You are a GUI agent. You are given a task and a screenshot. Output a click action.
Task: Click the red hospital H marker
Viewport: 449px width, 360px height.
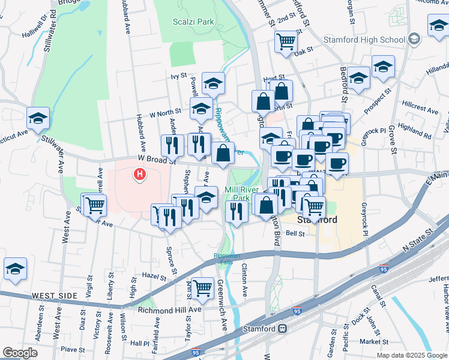(140, 175)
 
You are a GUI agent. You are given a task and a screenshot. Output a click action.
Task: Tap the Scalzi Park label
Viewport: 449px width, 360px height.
(193, 22)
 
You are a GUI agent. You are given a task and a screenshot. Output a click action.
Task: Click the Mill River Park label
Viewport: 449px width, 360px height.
(237, 194)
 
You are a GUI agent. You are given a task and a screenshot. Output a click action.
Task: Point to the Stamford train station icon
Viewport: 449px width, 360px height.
(282, 329)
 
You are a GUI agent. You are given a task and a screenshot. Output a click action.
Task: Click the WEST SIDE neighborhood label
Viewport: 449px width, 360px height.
(55, 296)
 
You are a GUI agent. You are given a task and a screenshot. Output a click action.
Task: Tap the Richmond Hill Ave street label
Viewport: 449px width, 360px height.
(170, 310)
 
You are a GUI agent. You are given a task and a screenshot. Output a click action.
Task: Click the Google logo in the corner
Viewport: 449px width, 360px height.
(20, 353)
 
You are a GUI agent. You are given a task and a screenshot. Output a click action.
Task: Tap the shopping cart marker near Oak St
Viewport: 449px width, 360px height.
(286, 41)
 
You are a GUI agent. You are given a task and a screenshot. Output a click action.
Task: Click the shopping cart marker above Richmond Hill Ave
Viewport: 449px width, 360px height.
(203, 288)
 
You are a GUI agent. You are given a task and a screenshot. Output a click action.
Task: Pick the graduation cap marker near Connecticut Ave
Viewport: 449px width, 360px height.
(38, 118)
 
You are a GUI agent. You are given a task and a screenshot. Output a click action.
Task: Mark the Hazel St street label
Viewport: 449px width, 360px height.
(154, 277)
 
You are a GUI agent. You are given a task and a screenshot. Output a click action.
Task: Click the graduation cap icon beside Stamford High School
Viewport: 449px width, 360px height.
(414, 40)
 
